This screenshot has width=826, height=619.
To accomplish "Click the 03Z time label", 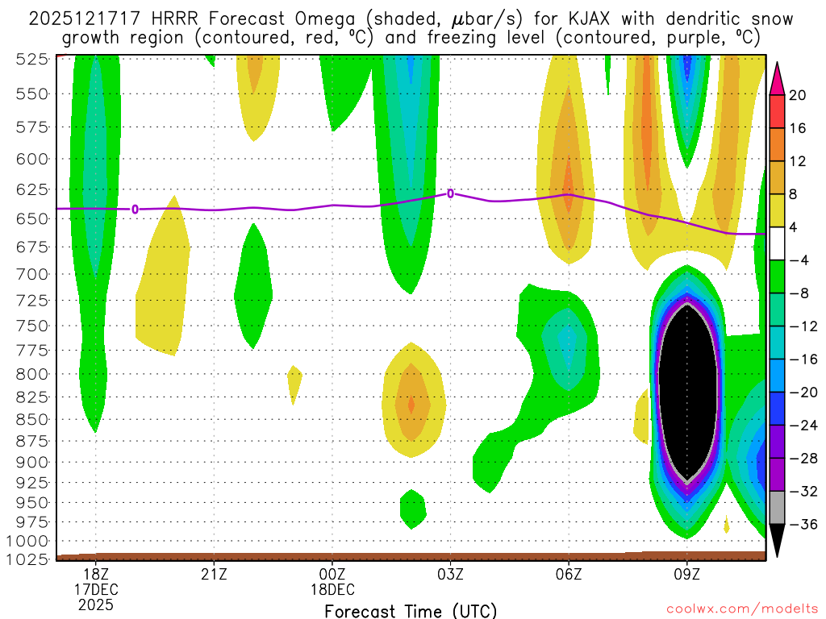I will click(x=450, y=575).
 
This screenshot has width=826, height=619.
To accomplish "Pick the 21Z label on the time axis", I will click(x=214, y=575).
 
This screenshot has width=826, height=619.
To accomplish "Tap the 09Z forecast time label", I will click(x=687, y=575).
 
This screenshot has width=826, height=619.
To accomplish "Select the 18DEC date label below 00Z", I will click(x=332, y=589).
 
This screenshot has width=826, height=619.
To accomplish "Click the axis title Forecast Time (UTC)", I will click(x=411, y=611).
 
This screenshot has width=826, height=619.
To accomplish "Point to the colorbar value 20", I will click(x=798, y=95).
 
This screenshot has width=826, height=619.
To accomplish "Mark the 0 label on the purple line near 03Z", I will click(x=450, y=193).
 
